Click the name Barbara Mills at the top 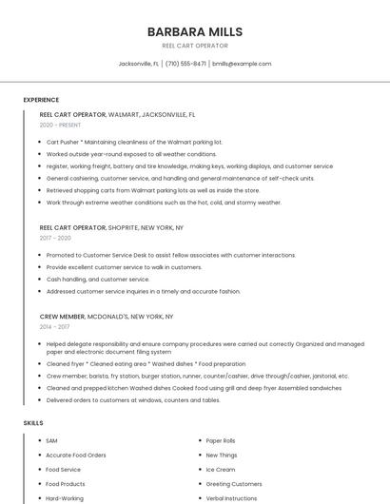[x=194, y=31]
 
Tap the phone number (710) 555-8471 [x=185, y=64]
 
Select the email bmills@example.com [x=242, y=64]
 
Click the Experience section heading [x=41, y=100]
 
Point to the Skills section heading [x=33, y=422]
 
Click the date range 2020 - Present [x=60, y=126]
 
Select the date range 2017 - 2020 [x=56, y=238]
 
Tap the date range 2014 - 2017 [x=56, y=326]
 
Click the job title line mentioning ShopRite [x=111, y=228]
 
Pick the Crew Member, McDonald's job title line [x=107, y=316]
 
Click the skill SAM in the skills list [x=51, y=441]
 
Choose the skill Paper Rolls [x=221, y=441]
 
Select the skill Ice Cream [x=221, y=470]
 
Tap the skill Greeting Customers [x=234, y=484]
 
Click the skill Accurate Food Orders [x=75, y=456]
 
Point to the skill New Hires [x=221, y=456]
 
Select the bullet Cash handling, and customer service [x=98, y=280]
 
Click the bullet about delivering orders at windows [x=133, y=400]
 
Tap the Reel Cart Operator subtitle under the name [x=194, y=46]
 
